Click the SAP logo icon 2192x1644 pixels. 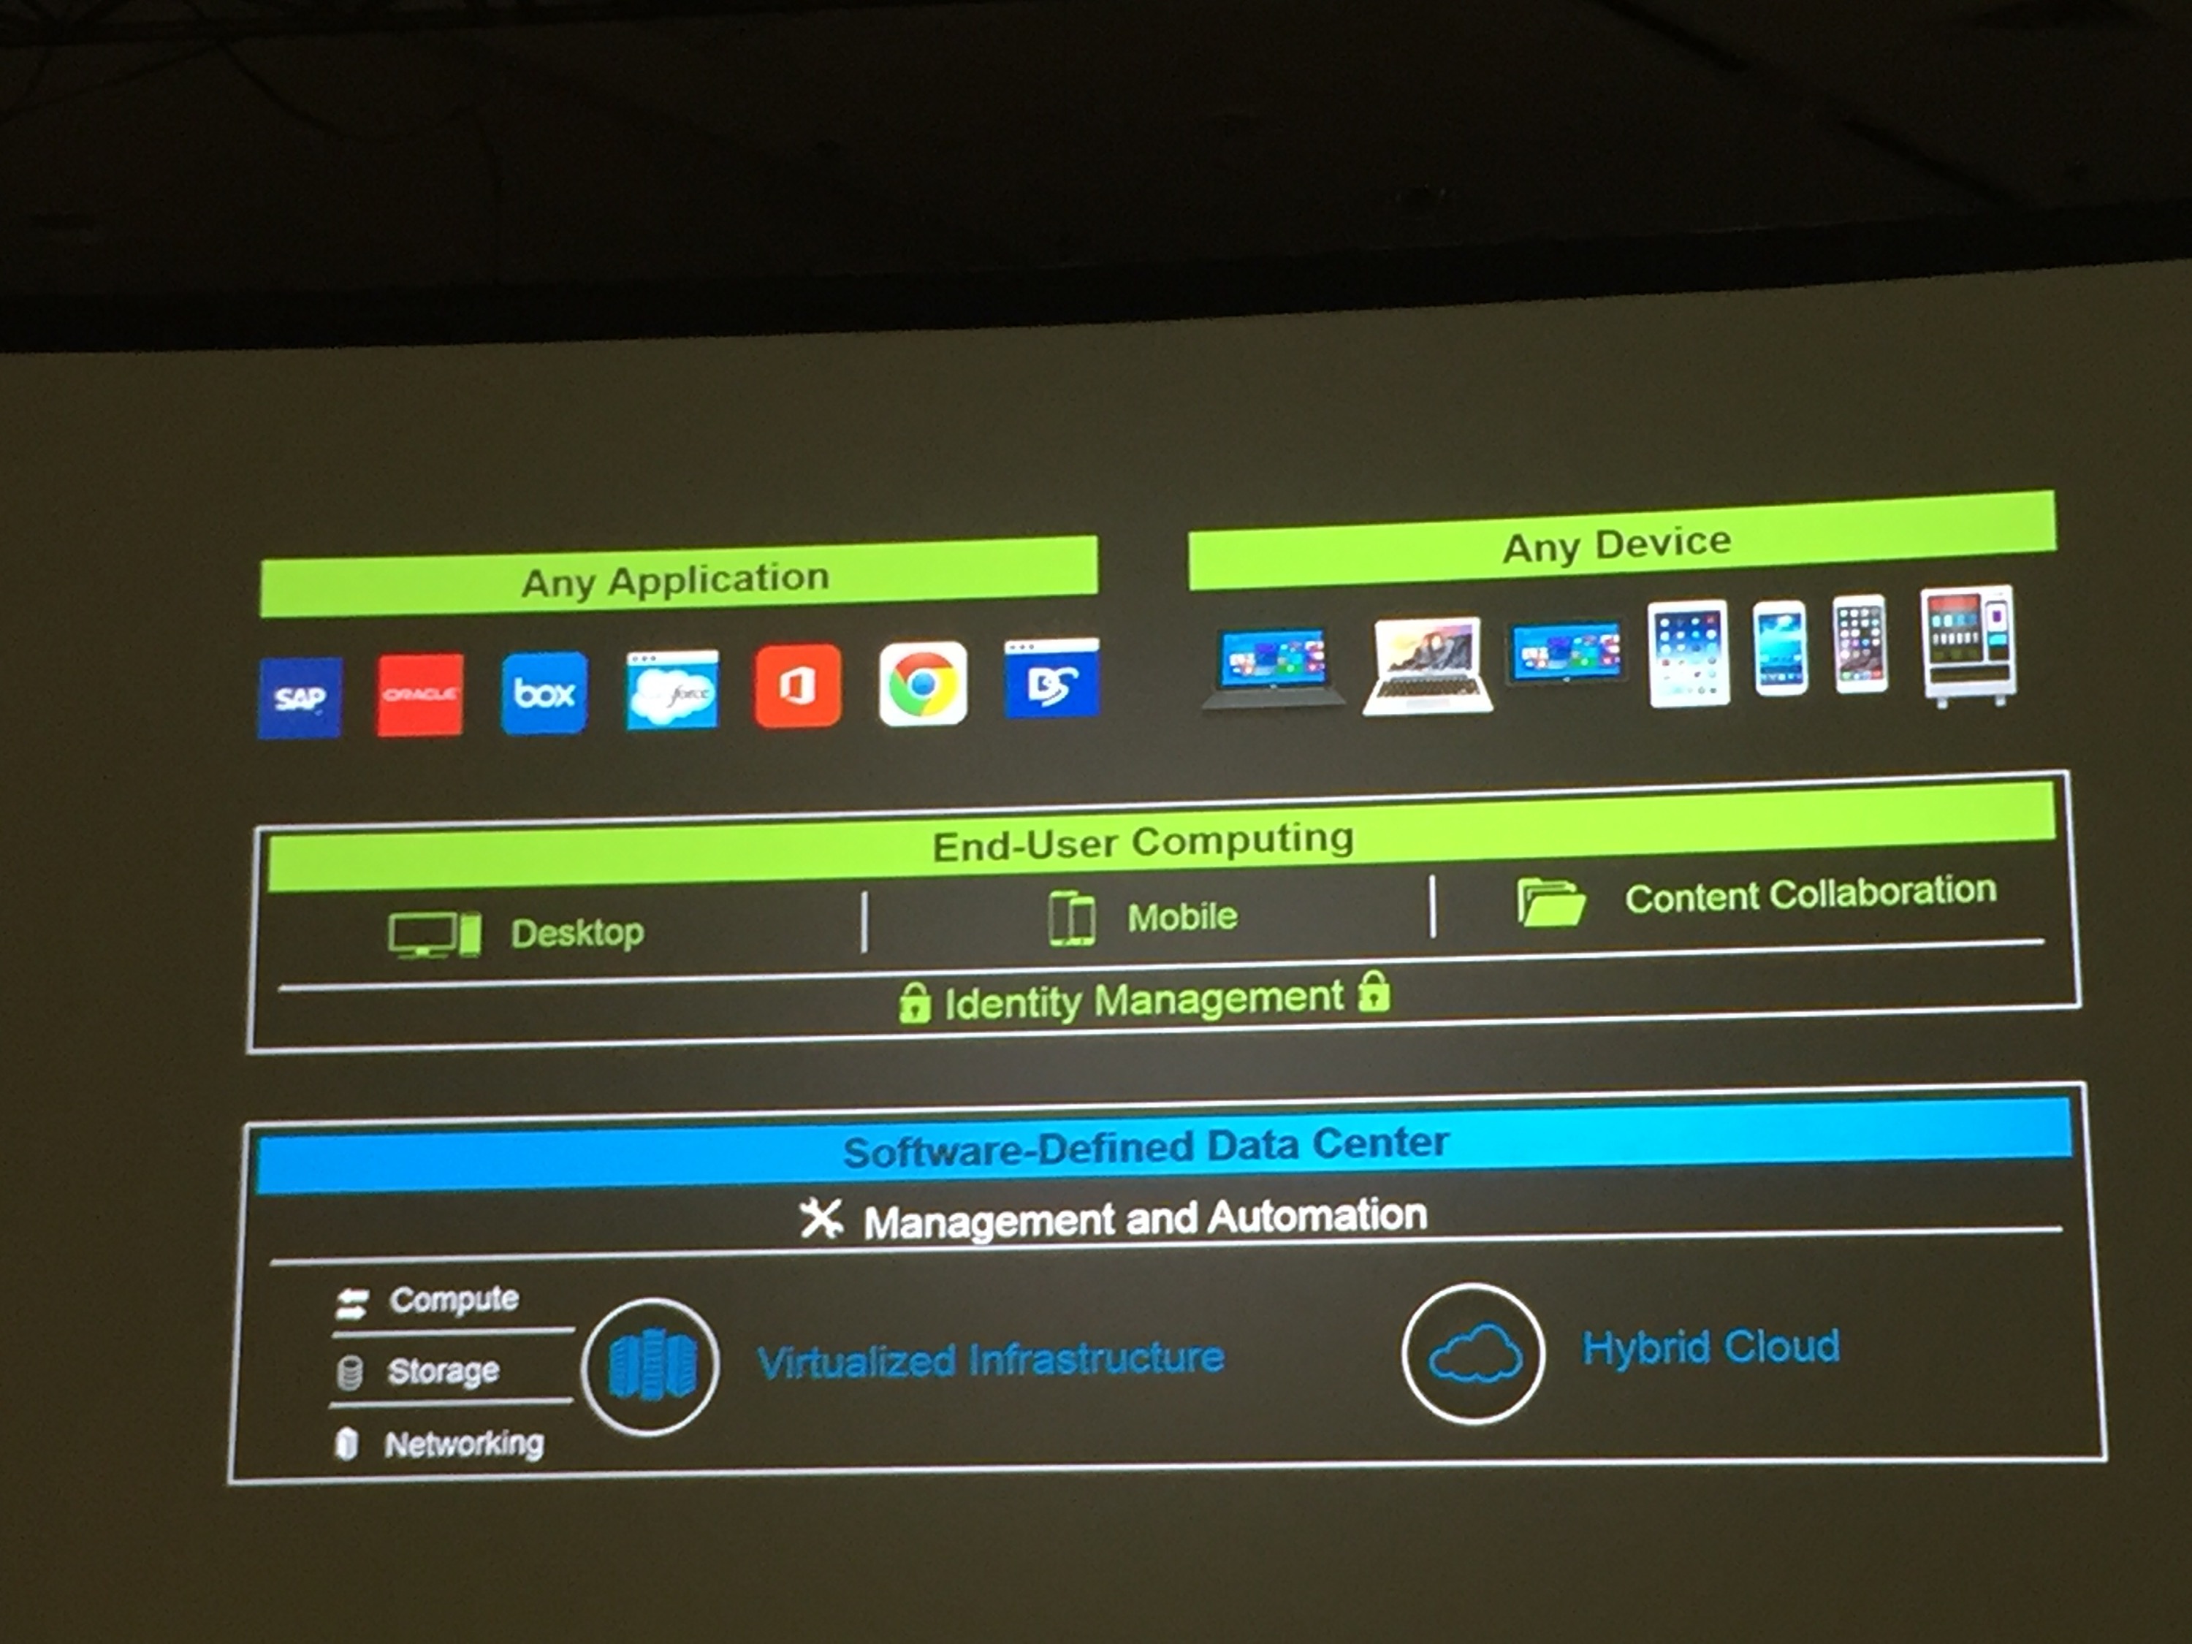pyautogui.click(x=300, y=698)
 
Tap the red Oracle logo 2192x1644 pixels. pyautogui.click(x=419, y=693)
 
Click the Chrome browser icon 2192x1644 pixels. pyautogui.click(x=923, y=684)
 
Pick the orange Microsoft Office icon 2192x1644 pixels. pyautogui.click(x=798, y=686)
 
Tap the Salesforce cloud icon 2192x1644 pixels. pyautogui.click(x=672, y=689)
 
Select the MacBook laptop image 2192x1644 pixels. pyautogui.click(x=1427, y=664)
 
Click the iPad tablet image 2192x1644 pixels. pyautogui.click(x=1689, y=652)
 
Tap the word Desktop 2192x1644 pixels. pyautogui.click(x=576, y=932)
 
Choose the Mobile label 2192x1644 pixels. pyautogui.click(x=1182, y=917)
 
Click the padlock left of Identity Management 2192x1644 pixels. pyautogui.click(x=913, y=1003)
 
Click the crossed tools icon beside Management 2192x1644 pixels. pyautogui.click(x=821, y=1219)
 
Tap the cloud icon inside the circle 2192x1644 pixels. pyautogui.click(x=1474, y=1354)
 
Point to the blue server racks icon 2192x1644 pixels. pyautogui.click(x=651, y=1366)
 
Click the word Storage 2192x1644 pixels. pyautogui.click(x=443, y=1371)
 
